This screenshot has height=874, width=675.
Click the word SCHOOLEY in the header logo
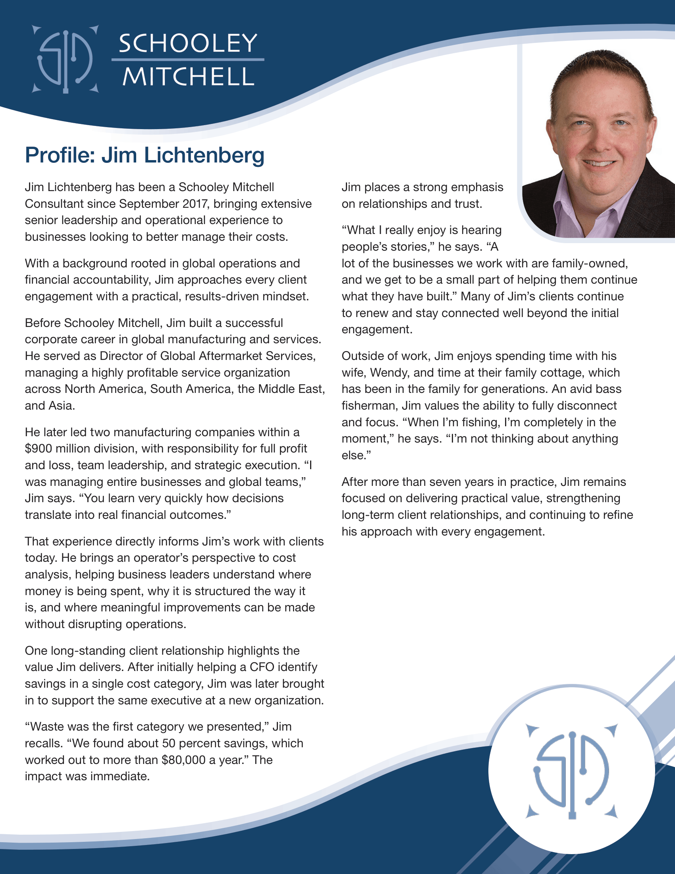pyautogui.click(x=187, y=43)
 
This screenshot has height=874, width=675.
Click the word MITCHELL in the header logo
pyautogui.click(x=188, y=76)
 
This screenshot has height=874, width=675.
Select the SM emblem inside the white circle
pyautogui.click(x=572, y=771)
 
